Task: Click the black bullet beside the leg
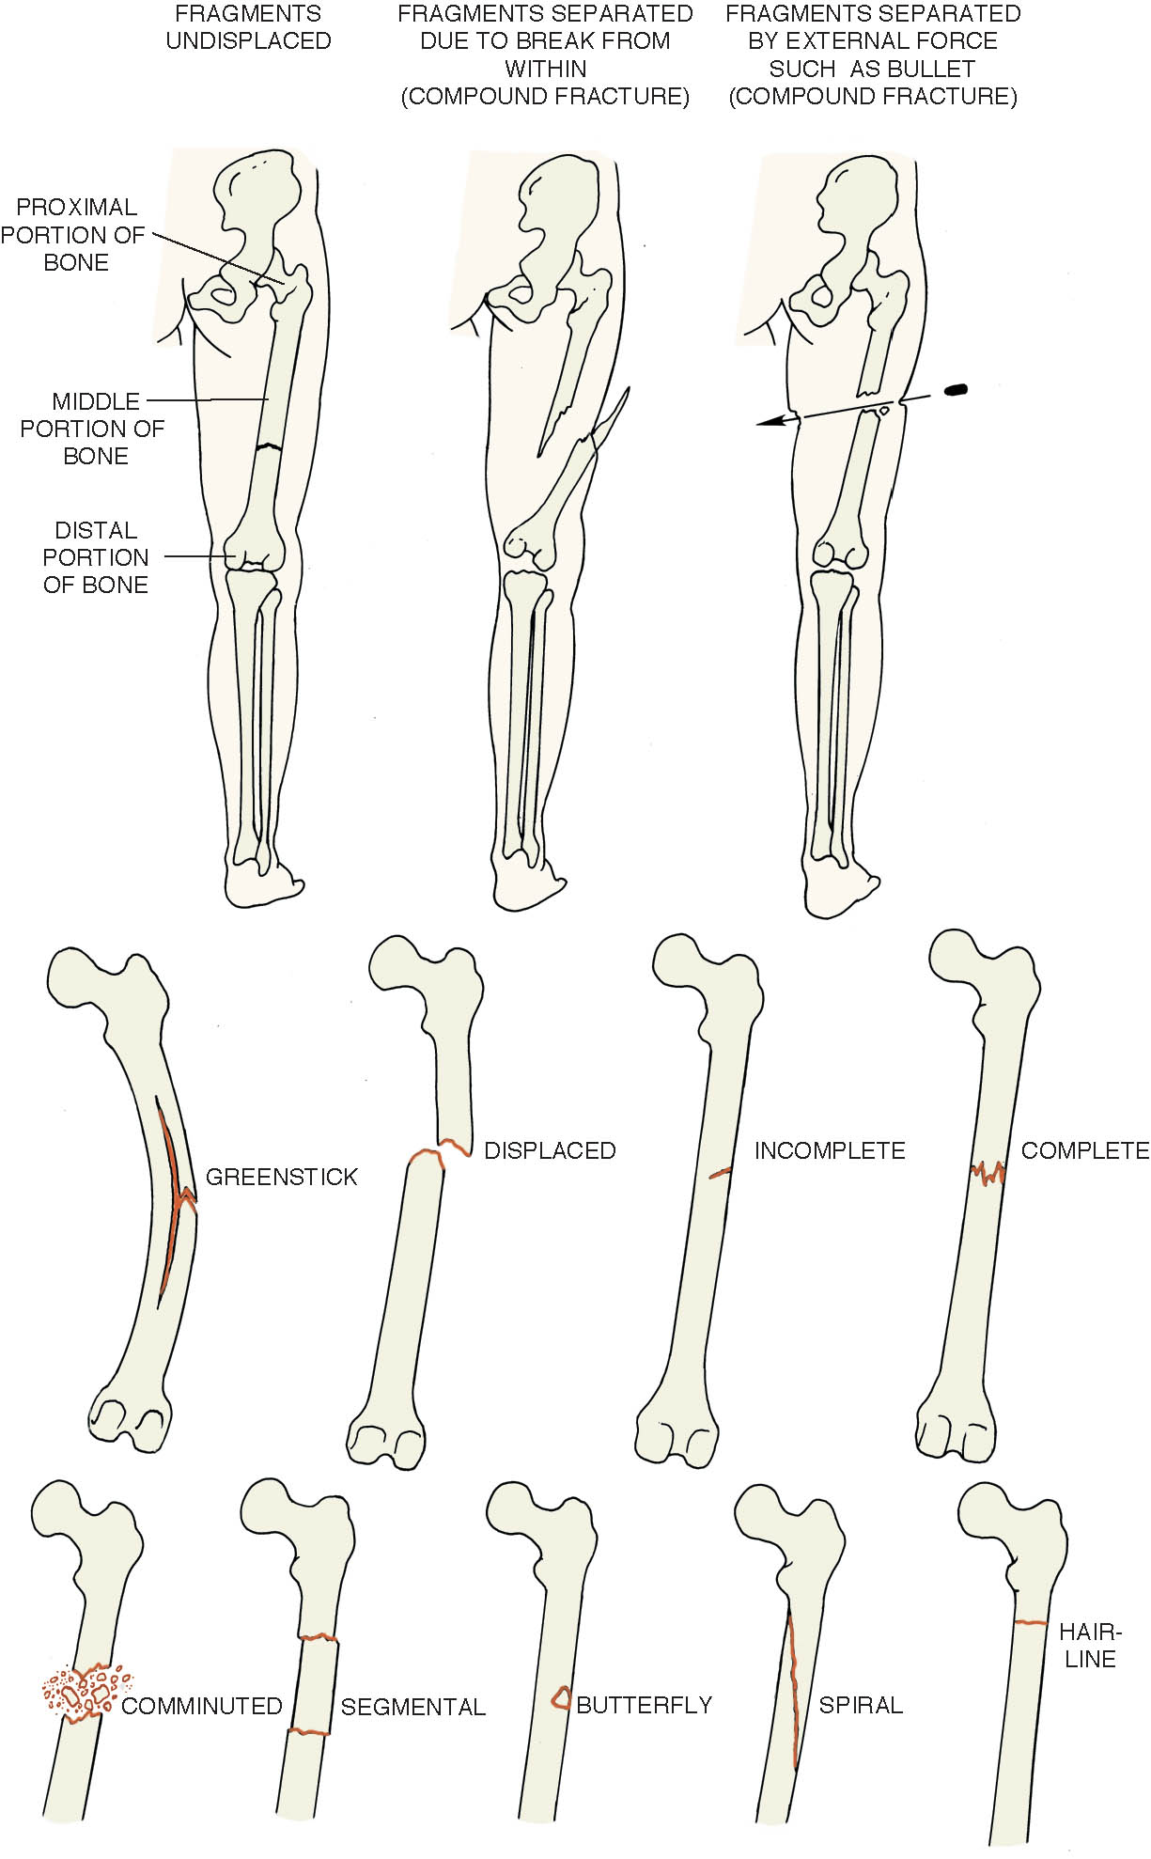click(x=956, y=388)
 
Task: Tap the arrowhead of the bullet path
click(x=770, y=423)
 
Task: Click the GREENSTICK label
click(x=282, y=1177)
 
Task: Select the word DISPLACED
click(x=550, y=1150)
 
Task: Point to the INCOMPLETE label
click(x=830, y=1150)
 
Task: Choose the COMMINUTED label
click(x=202, y=1706)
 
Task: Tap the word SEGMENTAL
click(x=413, y=1707)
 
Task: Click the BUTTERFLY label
click(x=645, y=1705)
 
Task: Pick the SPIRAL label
click(x=861, y=1705)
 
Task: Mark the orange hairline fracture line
click(x=1031, y=1623)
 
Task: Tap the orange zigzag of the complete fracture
click(x=988, y=1173)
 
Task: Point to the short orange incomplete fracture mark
click(x=720, y=1173)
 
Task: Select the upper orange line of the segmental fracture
click(x=319, y=1638)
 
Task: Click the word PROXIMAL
click(x=76, y=207)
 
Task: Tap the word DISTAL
click(x=96, y=530)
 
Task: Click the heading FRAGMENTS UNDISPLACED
click(x=248, y=27)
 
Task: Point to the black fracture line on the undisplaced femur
click(x=270, y=447)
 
